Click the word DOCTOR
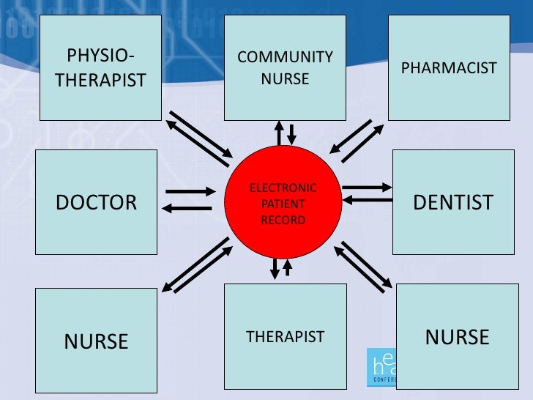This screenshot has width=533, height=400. [x=97, y=202]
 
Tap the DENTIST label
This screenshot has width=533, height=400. [x=453, y=203]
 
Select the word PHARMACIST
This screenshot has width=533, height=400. [x=449, y=68]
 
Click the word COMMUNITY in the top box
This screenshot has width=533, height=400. [x=286, y=57]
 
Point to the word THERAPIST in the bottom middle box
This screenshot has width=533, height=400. [x=285, y=337]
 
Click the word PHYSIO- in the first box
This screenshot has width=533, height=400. [x=101, y=56]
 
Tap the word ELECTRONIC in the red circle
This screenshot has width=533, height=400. [x=283, y=188]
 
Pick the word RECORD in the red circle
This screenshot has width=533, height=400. [x=283, y=220]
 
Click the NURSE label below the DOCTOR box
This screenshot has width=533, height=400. [x=97, y=341]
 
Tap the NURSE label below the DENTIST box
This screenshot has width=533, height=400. [x=458, y=337]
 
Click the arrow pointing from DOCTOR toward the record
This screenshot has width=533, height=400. [x=192, y=192]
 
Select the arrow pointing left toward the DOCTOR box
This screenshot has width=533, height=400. [x=186, y=209]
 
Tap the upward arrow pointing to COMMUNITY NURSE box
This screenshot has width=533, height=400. [x=279, y=133]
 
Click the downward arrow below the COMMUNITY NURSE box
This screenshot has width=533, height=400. [x=291, y=134]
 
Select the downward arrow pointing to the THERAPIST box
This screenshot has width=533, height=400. [x=275, y=268]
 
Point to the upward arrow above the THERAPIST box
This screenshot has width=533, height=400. [x=288, y=267]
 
